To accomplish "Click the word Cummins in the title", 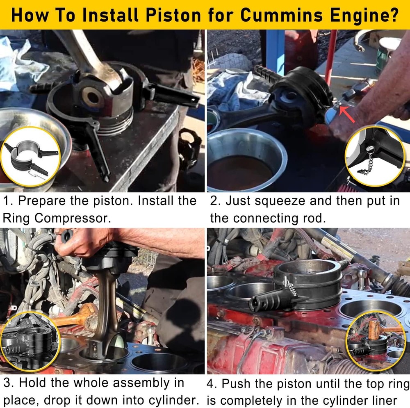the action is pyautogui.click(x=282, y=15).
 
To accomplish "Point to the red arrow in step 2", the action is pyautogui.click(x=347, y=114).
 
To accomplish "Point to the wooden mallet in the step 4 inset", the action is pyautogui.click(x=378, y=330).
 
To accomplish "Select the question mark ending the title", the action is pyautogui.click(x=394, y=15).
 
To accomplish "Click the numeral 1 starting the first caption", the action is pyautogui.click(x=7, y=201).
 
